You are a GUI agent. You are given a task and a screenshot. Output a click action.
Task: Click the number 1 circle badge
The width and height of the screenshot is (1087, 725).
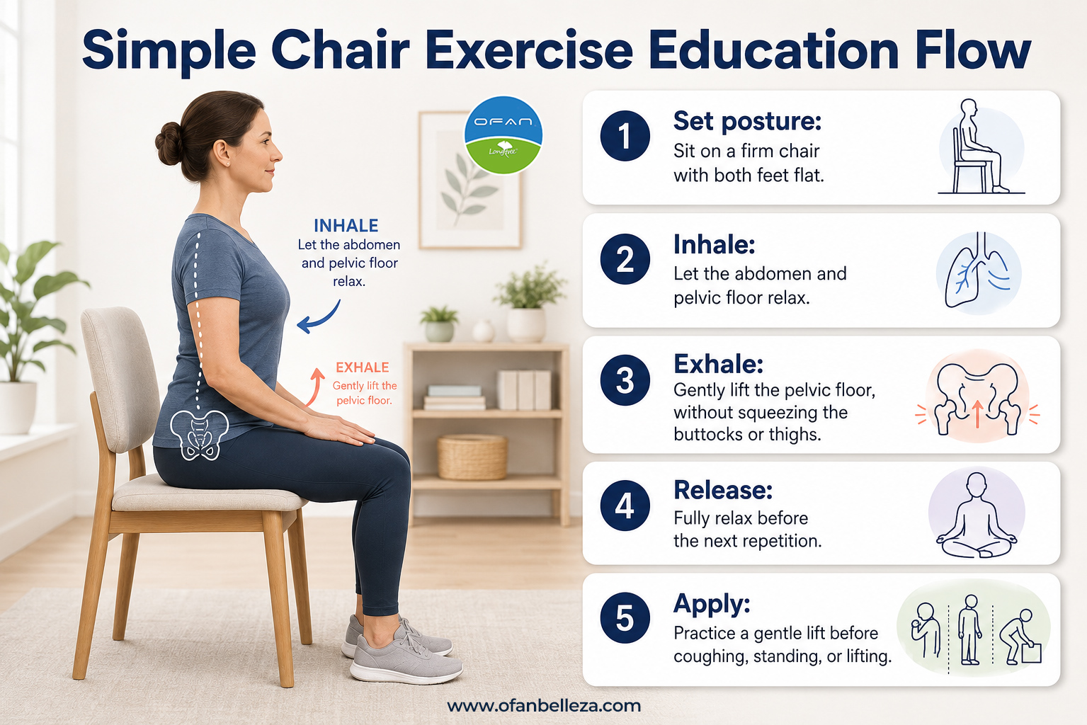coord(625,136)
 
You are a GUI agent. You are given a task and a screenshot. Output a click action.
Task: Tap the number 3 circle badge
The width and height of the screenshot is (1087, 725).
coord(625,380)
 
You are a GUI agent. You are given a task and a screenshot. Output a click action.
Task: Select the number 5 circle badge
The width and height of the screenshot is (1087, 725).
coord(625,618)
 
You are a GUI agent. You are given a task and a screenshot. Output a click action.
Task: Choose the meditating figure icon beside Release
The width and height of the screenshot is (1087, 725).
coord(977,515)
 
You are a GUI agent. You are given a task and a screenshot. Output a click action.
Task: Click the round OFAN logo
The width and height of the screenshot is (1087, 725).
coord(503,135)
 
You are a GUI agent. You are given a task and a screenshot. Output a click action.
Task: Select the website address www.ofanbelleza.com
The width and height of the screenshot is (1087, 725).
coord(544,706)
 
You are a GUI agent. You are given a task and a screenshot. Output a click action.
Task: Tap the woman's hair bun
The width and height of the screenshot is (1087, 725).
coord(169,143)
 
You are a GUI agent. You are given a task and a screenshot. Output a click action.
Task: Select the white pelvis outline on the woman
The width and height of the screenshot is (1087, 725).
coord(199,435)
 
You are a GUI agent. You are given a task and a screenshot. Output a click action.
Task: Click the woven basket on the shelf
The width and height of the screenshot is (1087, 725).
coord(472,457)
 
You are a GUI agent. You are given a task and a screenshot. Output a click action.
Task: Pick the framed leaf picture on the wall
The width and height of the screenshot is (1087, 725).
coord(469,181)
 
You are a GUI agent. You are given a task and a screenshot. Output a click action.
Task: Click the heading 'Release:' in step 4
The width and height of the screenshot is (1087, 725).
coord(723,490)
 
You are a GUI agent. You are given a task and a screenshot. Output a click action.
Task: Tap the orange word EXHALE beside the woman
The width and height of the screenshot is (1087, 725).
coord(363,367)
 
